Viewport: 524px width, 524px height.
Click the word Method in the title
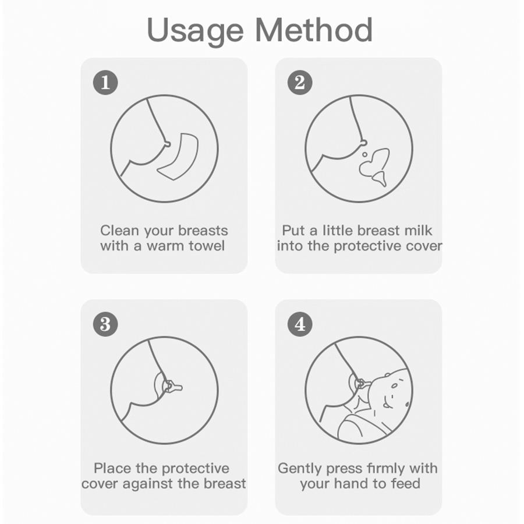pyautogui.click(x=314, y=30)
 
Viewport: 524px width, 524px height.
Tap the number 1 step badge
pyautogui.click(x=105, y=83)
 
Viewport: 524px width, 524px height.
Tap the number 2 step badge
pyautogui.click(x=300, y=83)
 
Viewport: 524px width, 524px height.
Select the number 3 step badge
pyautogui.click(x=105, y=324)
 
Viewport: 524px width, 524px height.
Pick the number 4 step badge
pyautogui.click(x=300, y=324)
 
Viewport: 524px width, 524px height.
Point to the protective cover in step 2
pyautogui.click(x=374, y=167)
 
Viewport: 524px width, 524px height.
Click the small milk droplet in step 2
pyautogui.click(x=364, y=155)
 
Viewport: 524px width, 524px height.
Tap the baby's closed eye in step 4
pyautogui.click(x=395, y=386)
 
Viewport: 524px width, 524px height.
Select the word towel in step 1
pyautogui.click(x=207, y=246)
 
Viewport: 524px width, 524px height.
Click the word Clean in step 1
pyautogui.click(x=119, y=231)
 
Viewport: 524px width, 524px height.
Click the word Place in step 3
pyautogui.click(x=112, y=468)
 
